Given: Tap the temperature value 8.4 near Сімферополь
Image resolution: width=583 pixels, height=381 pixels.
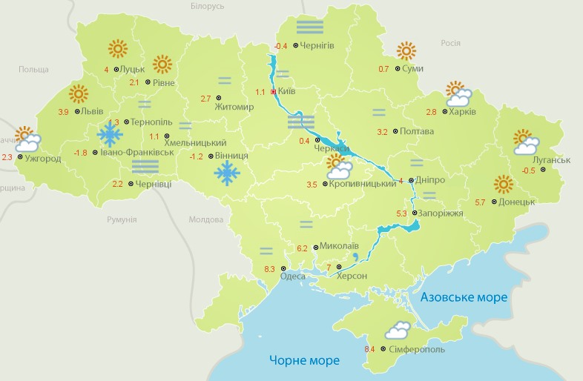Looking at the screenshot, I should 369,349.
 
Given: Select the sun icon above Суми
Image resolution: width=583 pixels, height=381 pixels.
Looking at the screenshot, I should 406,50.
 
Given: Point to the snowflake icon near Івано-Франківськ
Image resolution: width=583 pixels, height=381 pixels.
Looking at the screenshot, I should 111,135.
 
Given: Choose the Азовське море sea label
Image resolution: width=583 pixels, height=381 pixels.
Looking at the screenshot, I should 464,297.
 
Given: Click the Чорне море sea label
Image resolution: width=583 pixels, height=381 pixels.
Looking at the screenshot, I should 304,360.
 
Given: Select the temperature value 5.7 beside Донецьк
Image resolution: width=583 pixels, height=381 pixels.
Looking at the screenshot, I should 480,202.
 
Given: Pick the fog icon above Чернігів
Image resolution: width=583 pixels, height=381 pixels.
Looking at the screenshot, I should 309,27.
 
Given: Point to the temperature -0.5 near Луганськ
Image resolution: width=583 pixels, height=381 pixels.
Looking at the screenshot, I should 528,171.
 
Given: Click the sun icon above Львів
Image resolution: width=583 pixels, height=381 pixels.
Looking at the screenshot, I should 78,94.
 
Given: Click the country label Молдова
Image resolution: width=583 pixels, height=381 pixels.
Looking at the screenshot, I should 205,220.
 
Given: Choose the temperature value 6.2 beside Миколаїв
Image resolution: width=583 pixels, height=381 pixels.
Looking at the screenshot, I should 302,248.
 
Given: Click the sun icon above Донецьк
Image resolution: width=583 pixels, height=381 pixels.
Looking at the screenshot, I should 503,184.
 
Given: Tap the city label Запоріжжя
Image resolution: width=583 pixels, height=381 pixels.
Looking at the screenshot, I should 441,213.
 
